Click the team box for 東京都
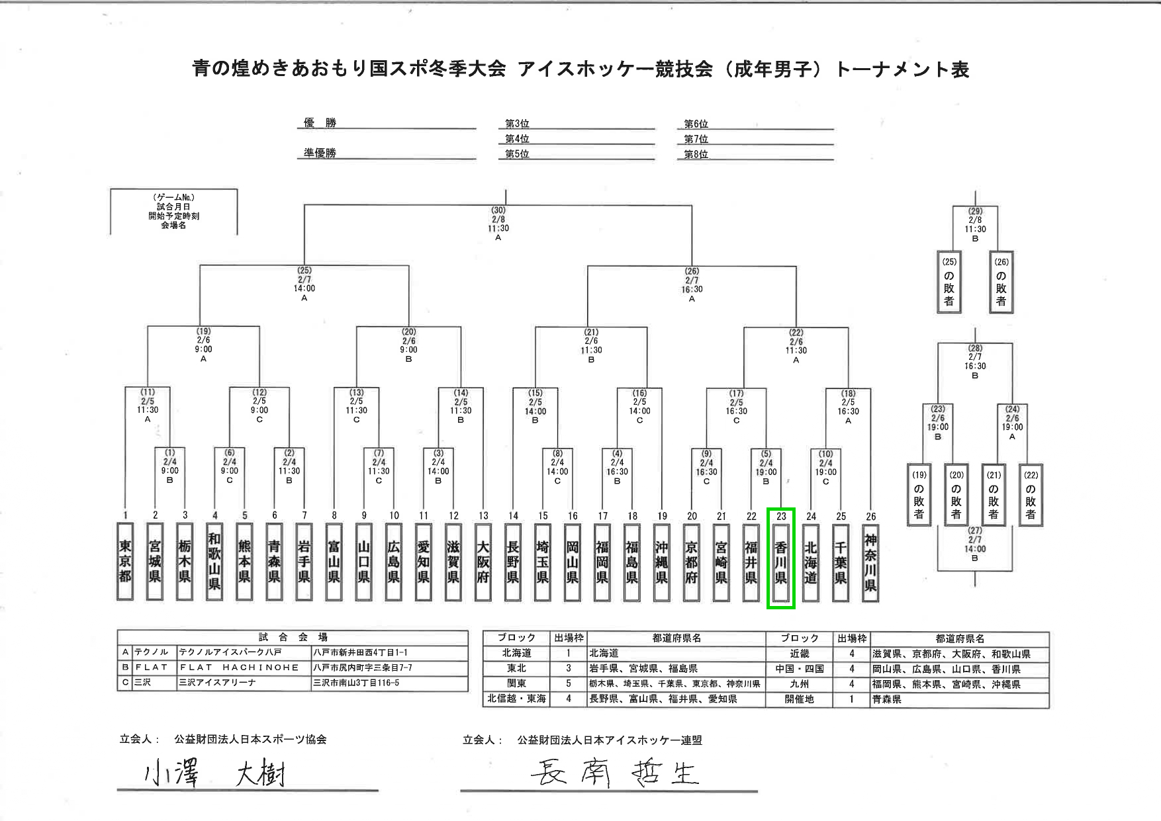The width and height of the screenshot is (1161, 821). pyautogui.click(x=124, y=561)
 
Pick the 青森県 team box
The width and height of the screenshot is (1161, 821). pyautogui.click(x=274, y=561)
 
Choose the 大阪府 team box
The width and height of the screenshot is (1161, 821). pyautogui.click(x=483, y=561)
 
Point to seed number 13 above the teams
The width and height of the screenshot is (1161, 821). pyautogui.click(x=483, y=516)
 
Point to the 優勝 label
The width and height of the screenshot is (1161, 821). pyautogui.click(x=320, y=123)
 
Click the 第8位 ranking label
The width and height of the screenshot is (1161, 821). pyautogui.click(x=696, y=155)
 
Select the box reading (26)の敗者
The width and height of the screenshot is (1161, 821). pyautogui.click(x=1001, y=282)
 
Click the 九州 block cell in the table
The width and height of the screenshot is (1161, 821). pyautogui.click(x=799, y=684)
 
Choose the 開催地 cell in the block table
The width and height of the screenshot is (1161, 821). pyautogui.click(x=799, y=699)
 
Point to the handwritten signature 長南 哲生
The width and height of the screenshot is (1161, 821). pyautogui.click(x=614, y=773)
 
